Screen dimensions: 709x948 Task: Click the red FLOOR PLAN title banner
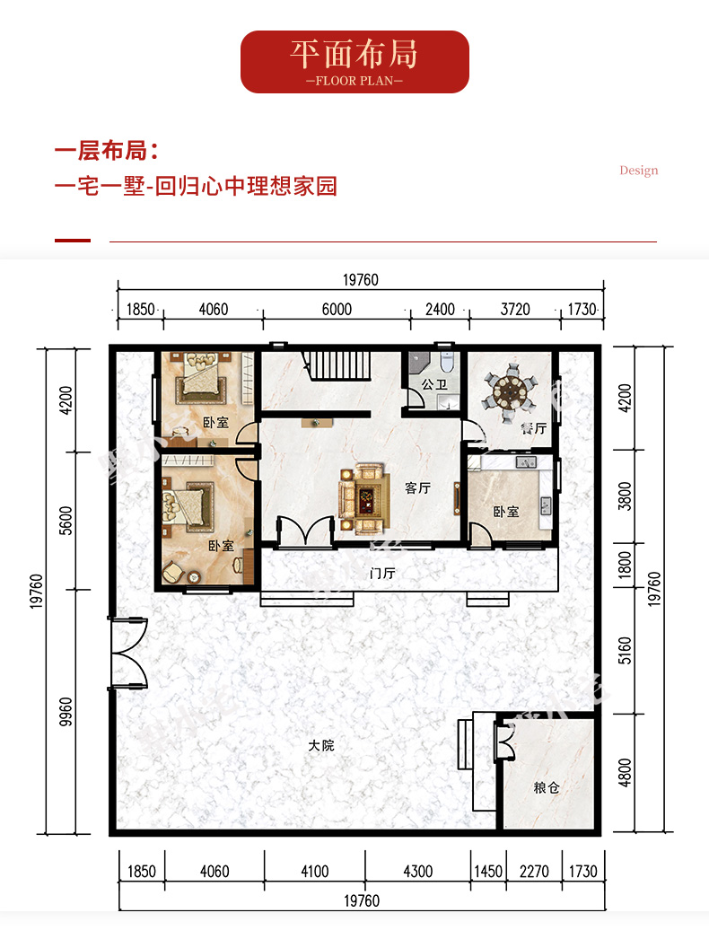(354, 62)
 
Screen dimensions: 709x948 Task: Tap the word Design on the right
(638, 171)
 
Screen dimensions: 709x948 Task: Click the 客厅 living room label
(417, 487)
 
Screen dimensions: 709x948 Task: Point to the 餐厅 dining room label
(534, 428)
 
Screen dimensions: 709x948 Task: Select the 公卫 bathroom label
(434, 384)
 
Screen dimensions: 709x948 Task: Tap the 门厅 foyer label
(382, 573)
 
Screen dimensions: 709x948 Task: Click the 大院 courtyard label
(321, 745)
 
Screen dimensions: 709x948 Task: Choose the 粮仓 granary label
(547, 787)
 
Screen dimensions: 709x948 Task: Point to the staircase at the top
(337, 365)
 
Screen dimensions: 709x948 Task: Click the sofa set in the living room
(363, 499)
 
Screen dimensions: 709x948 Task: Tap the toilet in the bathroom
(447, 362)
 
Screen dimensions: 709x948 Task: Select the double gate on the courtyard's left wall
(127, 653)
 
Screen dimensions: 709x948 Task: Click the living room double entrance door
(305, 531)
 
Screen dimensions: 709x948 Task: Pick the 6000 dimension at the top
(337, 310)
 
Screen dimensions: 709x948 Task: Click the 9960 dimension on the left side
(66, 712)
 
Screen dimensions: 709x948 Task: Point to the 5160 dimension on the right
(625, 651)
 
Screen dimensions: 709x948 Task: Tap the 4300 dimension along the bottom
(417, 871)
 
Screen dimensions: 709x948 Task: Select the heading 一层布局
(107, 151)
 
